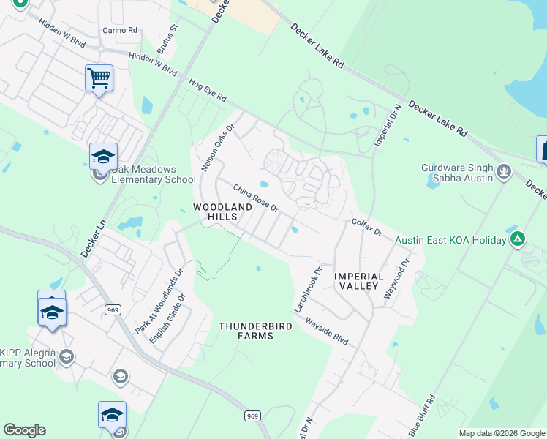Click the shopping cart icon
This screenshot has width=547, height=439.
[99, 77]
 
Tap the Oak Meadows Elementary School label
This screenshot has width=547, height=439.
[153, 174]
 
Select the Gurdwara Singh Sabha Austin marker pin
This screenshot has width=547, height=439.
[503, 172]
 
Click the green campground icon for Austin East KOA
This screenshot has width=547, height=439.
[518, 239]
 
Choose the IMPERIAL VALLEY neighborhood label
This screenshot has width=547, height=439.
[359, 281]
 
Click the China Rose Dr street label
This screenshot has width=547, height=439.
[256, 198]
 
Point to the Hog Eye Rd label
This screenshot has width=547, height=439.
[208, 91]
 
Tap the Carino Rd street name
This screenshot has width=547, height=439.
[120, 30]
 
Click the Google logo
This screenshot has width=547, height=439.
[24, 430]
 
